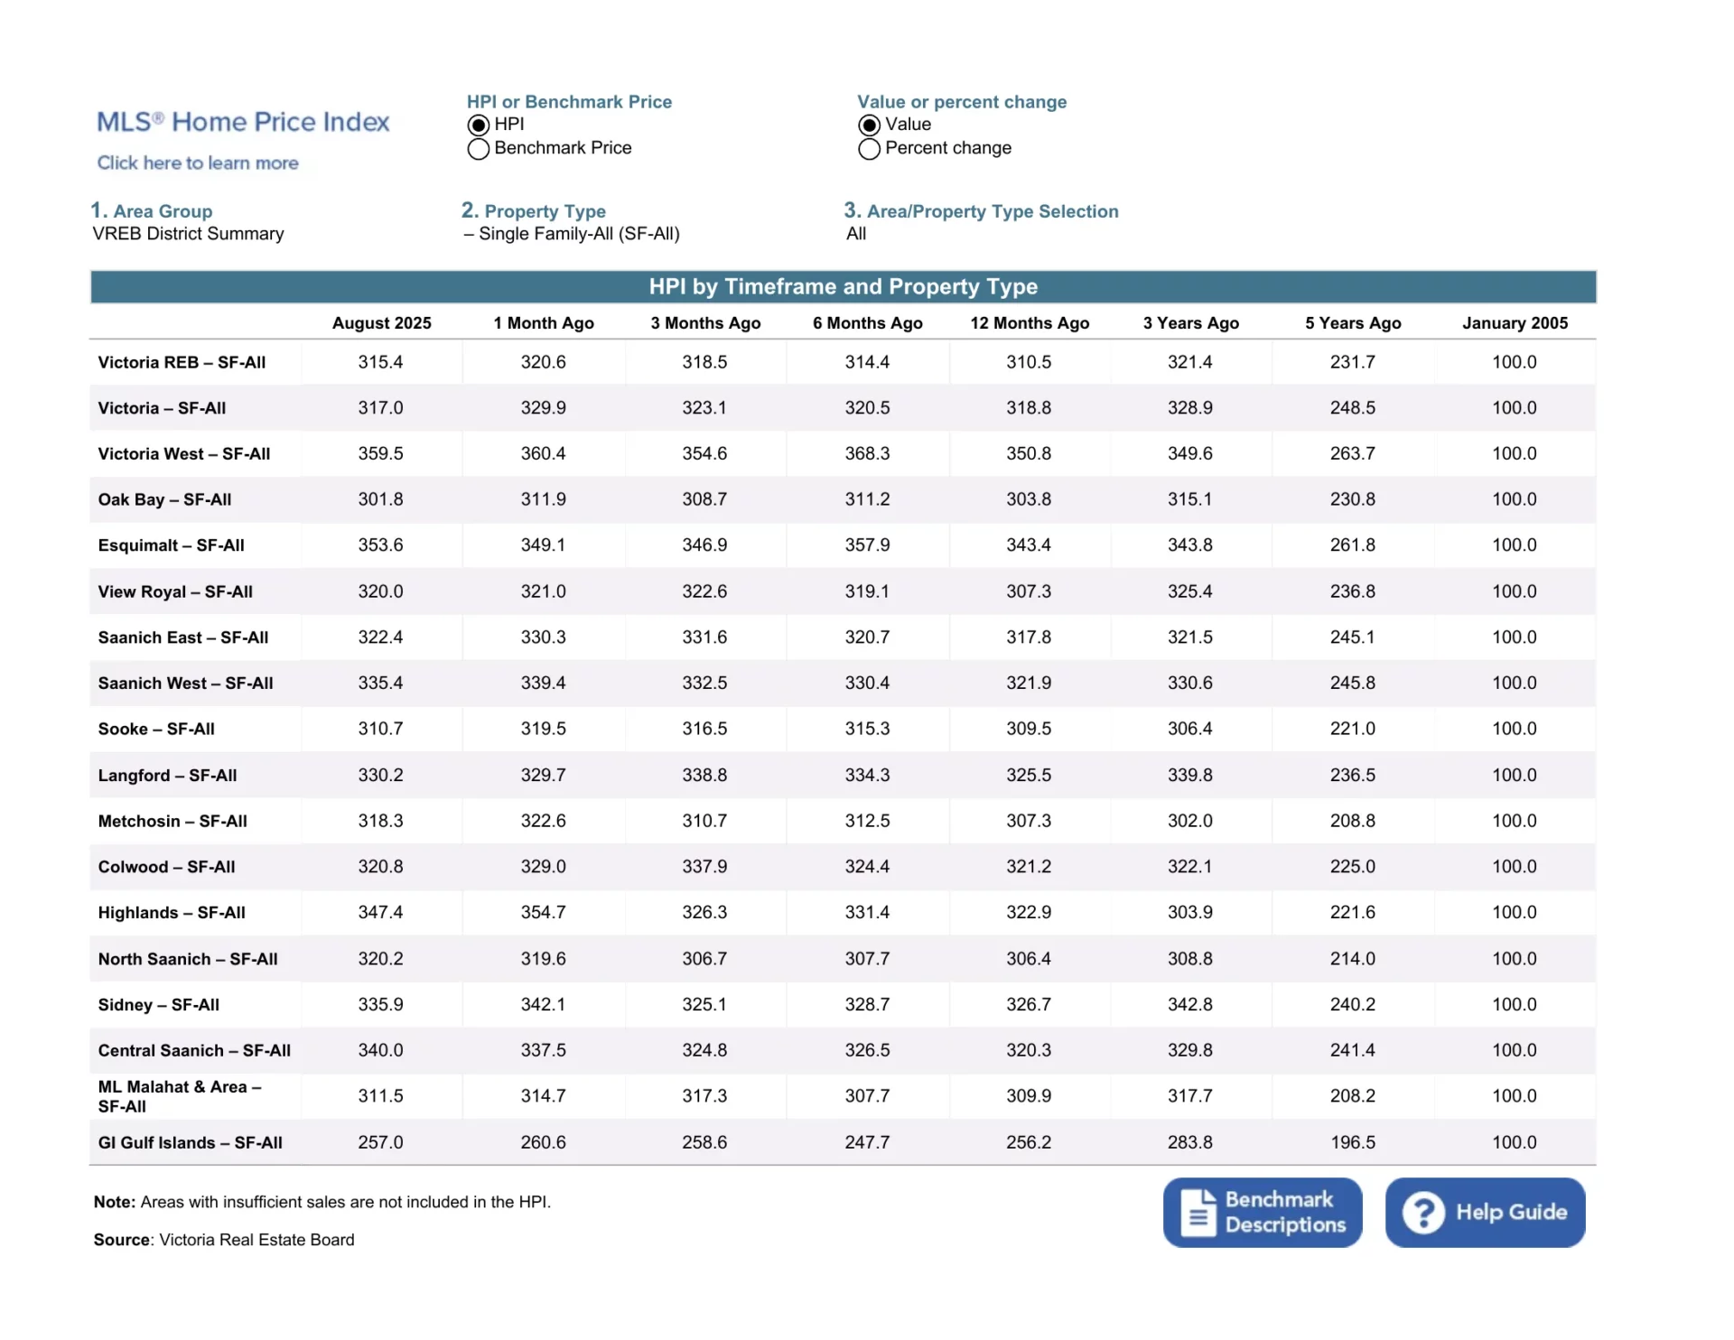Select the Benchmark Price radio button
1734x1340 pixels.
coord(479,149)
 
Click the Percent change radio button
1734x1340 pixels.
coord(869,149)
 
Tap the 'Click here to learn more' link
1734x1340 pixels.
coord(198,163)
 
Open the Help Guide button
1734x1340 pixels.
coord(1485,1212)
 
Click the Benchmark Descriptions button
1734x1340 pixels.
coord(1262,1212)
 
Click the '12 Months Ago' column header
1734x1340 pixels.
coord(1030,323)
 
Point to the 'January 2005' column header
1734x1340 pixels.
coord(1515,323)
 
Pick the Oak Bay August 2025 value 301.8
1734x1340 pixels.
coord(380,499)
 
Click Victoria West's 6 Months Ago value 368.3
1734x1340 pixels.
coord(867,453)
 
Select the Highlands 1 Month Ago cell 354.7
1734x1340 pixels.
coord(543,913)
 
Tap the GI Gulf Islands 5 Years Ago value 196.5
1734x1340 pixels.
coord(1352,1142)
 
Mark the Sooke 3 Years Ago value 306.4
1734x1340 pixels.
coord(1189,729)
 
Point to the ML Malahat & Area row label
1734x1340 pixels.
coord(180,1096)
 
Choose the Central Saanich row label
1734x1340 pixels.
coord(194,1050)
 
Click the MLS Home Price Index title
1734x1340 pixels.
coord(243,122)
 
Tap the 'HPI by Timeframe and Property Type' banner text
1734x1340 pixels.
coord(843,287)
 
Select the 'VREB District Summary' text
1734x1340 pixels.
coord(188,234)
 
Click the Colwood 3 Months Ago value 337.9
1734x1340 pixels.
coord(704,867)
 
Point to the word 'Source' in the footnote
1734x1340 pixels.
coord(121,1240)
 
